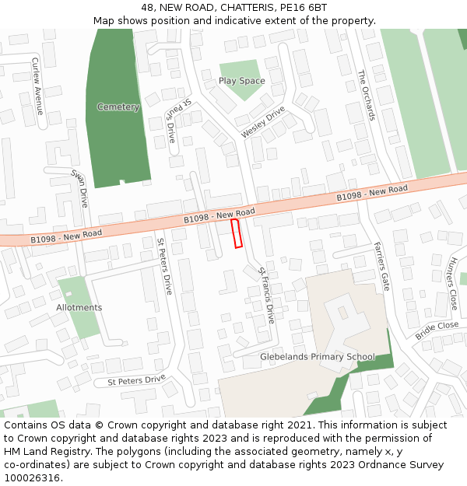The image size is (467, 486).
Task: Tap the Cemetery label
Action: [118, 107]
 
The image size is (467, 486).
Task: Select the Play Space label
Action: [241, 81]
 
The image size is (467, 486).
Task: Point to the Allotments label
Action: [79, 308]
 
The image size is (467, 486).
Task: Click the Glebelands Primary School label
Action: [318, 358]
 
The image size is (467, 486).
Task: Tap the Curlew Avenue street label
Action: [36, 86]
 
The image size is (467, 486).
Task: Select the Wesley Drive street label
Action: [263, 123]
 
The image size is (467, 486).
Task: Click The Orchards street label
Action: [367, 96]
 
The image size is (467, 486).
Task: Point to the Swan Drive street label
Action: [80, 188]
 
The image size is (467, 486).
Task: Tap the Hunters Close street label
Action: [451, 285]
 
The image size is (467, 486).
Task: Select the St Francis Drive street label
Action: [267, 295]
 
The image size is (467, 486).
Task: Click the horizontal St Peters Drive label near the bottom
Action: [137, 380]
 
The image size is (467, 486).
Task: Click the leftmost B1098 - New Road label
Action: [66, 234]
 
